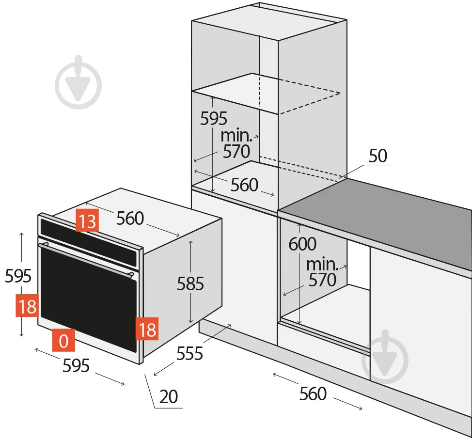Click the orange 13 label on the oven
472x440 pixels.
click(87, 221)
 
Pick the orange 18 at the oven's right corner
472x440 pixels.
click(146, 329)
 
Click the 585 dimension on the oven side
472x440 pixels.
click(190, 283)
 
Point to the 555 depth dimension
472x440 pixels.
click(189, 354)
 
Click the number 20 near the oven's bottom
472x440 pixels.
click(169, 397)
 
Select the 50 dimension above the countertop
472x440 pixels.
click(378, 156)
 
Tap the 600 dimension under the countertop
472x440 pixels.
click(302, 244)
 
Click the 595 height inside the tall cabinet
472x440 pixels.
click(214, 118)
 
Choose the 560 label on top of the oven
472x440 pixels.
click(130, 219)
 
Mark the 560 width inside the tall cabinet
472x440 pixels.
click(244, 185)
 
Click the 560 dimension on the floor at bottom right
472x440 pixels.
click(313, 394)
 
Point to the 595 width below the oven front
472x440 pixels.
click(76, 365)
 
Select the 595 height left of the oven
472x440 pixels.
click(18, 276)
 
